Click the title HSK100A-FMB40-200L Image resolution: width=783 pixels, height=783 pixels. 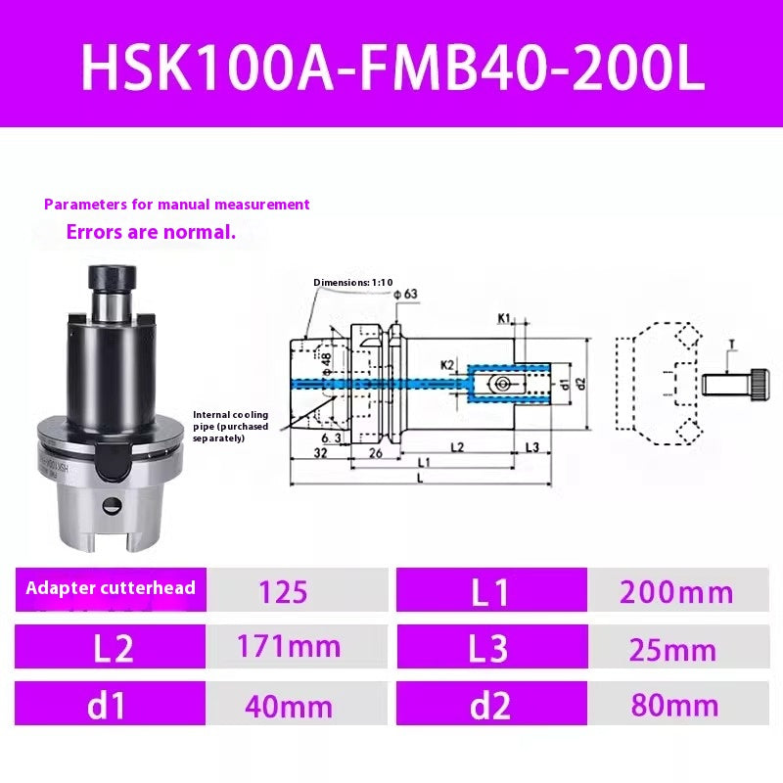pyautogui.click(x=391, y=66)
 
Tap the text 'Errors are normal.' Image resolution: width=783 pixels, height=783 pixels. pyautogui.click(x=151, y=233)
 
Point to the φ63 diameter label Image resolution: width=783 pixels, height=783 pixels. pyautogui.click(x=404, y=293)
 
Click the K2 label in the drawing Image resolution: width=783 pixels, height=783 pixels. pyautogui.click(x=446, y=364)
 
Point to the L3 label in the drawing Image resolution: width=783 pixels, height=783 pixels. pyautogui.click(x=531, y=446)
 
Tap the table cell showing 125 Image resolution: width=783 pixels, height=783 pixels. pyautogui.click(x=284, y=591)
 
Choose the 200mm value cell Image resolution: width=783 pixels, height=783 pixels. pyautogui.click(x=676, y=591)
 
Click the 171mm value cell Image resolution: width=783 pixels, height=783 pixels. pyautogui.click(x=290, y=646)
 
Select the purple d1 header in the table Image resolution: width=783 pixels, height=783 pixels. pyautogui.click(x=110, y=705)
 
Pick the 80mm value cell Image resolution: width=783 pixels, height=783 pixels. pyautogui.click(x=676, y=705)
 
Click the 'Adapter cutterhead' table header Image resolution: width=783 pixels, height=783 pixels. pyautogui.click(x=110, y=588)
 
